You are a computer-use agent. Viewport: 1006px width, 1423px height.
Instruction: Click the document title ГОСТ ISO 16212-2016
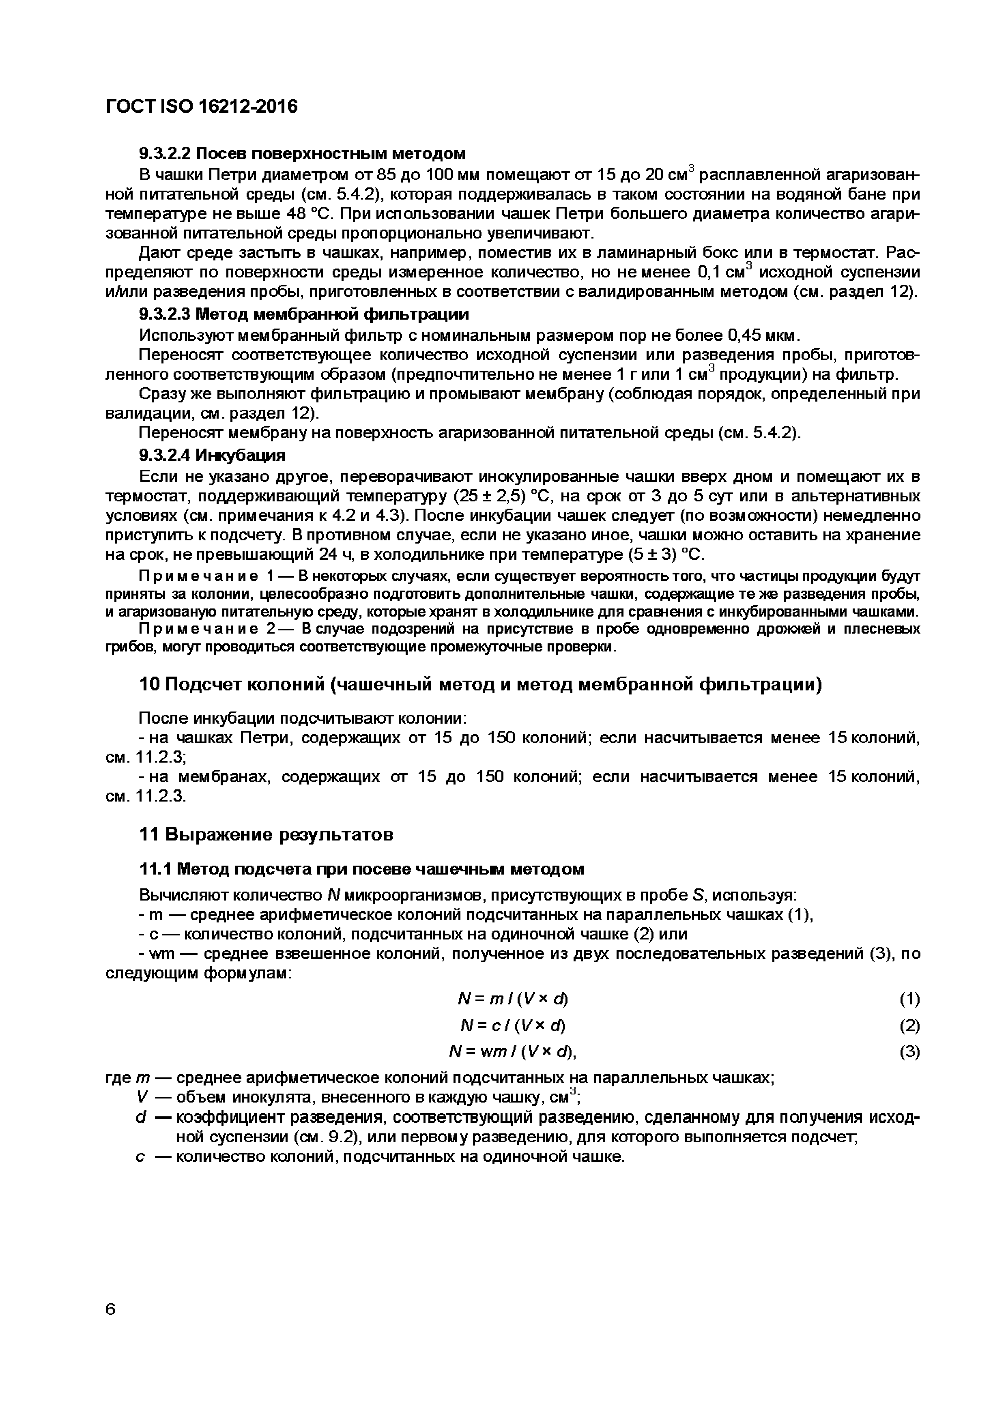(202, 107)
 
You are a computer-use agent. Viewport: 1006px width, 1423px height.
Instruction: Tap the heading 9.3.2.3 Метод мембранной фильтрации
(304, 314)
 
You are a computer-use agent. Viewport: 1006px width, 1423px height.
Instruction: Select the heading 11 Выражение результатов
(266, 834)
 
